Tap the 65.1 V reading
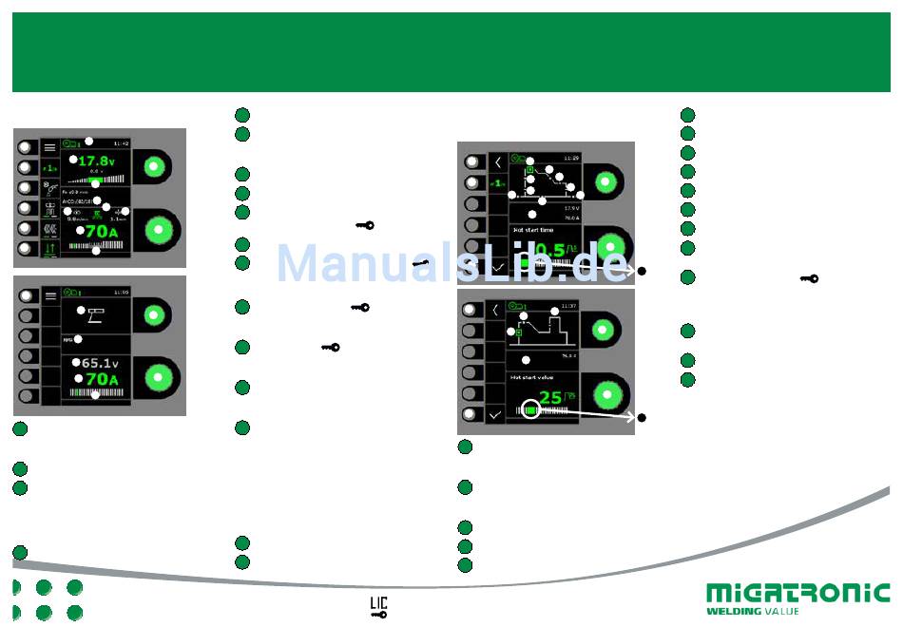(99, 363)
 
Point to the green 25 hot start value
(550, 397)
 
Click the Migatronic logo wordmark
(797, 594)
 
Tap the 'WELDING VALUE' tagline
(753, 611)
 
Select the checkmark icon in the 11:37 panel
(494, 414)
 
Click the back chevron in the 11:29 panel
(495, 161)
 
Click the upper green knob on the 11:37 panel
(600, 330)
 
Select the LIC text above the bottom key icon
(378, 602)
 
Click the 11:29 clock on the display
(570, 157)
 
